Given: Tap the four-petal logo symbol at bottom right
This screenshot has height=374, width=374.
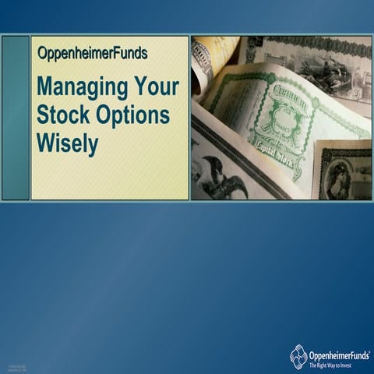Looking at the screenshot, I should (x=298, y=356).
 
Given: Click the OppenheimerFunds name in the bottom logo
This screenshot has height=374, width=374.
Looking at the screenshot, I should (x=337, y=352).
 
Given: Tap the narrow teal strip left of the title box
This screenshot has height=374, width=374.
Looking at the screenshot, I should (x=15, y=117).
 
